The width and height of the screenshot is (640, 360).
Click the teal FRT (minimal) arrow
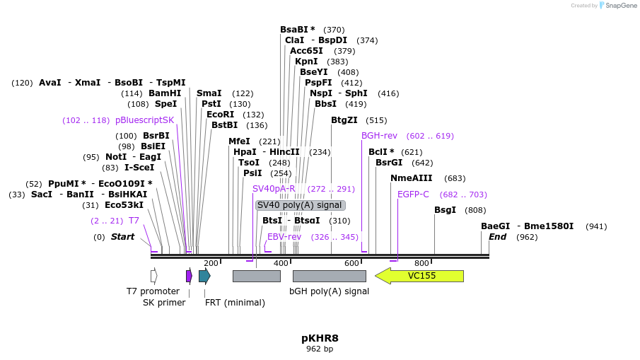click(x=204, y=276)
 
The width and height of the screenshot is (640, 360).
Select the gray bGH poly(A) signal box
click(x=329, y=276)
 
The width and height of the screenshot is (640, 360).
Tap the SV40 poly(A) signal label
click(x=300, y=205)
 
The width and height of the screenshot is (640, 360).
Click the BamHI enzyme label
click(x=165, y=93)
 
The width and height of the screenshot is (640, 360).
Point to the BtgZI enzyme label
click(x=344, y=120)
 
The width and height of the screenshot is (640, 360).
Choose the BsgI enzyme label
click(x=446, y=210)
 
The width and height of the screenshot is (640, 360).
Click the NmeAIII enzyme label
click(x=412, y=178)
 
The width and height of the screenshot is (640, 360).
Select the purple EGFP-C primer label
click(x=413, y=194)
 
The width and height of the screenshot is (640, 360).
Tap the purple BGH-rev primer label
click(x=379, y=136)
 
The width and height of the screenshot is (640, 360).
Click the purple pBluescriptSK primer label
click(x=144, y=120)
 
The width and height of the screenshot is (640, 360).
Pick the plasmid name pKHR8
click(x=320, y=338)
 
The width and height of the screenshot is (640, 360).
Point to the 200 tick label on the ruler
click(x=211, y=264)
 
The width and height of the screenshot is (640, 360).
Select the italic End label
click(x=498, y=237)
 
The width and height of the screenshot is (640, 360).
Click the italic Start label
click(x=122, y=237)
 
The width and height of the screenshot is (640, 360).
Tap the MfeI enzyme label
click(x=239, y=141)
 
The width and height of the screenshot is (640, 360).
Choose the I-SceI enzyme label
click(x=139, y=168)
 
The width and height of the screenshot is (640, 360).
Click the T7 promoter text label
click(x=149, y=291)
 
